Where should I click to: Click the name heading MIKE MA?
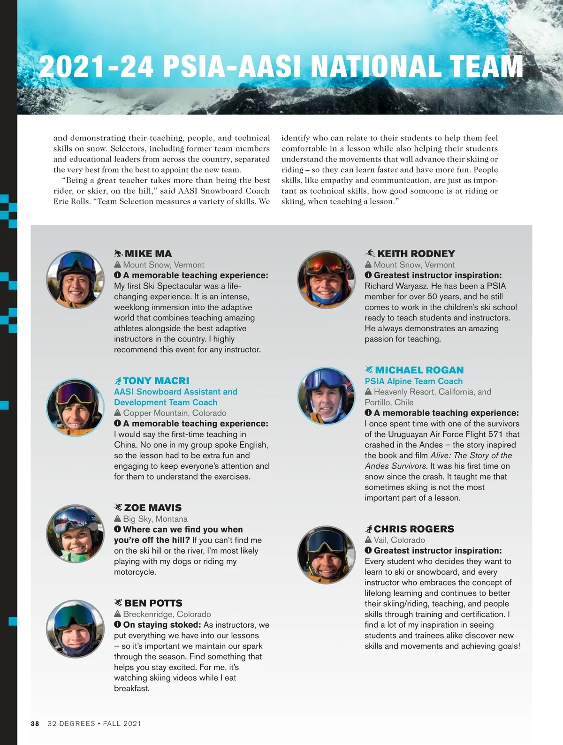coord(148,254)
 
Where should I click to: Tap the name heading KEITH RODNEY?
coord(416,254)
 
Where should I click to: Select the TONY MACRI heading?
coord(156,381)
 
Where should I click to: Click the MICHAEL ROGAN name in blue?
coord(419,370)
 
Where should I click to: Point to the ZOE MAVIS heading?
coord(152,508)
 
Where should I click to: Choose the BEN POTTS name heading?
coord(153,603)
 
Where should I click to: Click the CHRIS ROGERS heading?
coord(414,529)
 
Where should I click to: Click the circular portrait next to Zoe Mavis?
coord(75,533)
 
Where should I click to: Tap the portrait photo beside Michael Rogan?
coord(326,396)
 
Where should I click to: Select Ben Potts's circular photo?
coord(75,629)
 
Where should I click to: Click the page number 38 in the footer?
coord(35,723)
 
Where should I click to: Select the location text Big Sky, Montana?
coord(155,519)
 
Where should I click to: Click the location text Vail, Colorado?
coord(399,540)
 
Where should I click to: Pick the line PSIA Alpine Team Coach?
coord(413,381)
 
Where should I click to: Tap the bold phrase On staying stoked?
coord(162,625)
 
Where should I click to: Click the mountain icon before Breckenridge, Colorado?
coord(118,614)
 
